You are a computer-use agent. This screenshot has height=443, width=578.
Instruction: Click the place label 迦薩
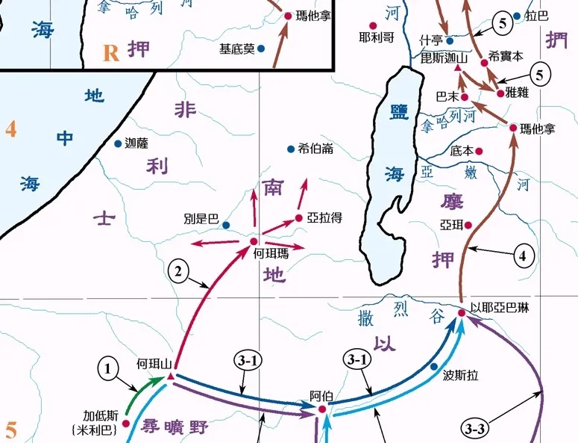pos(138,143)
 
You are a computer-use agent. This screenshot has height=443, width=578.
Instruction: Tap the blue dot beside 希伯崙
pos(291,149)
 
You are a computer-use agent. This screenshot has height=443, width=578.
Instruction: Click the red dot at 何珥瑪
pos(254,241)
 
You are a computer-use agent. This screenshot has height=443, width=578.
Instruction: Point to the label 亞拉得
pos(327,217)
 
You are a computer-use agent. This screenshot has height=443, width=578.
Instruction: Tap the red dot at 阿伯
pos(322,409)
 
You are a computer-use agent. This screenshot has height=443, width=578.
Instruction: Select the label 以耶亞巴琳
pos(499,307)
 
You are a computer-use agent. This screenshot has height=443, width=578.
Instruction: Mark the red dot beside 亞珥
pos(468,224)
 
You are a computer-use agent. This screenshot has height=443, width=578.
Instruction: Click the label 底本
pos(462,150)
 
